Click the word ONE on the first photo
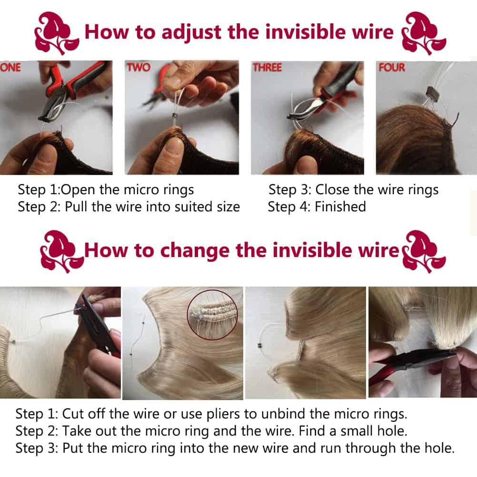(x=10, y=67)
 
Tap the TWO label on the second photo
(x=139, y=67)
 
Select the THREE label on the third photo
(x=268, y=67)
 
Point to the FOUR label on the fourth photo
(x=392, y=67)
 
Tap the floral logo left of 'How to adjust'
(x=57, y=33)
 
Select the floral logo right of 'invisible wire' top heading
(x=424, y=33)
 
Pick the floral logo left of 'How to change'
(x=62, y=251)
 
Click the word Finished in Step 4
(x=340, y=207)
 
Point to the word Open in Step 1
(x=78, y=190)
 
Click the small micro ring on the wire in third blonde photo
(x=259, y=346)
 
